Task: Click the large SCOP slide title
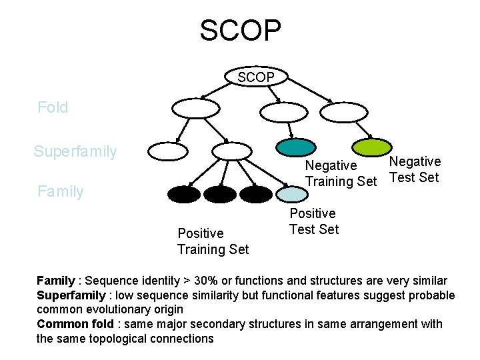pos(240,30)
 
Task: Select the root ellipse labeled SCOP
pos(256,77)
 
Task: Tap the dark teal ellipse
pos(295,147)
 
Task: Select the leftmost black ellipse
pos(184,194)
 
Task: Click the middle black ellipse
pos(220,194)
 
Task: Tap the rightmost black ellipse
pos(256,194)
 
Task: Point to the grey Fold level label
pos(53,107)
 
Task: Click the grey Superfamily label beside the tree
pos(75,151)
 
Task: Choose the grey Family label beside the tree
pos(61,192)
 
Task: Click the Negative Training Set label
pos(341,173)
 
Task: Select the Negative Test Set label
pos(415,169)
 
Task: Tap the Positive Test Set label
pos(313,221)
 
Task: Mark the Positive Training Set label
pos(213,241)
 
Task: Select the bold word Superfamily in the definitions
pos(70,295)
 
